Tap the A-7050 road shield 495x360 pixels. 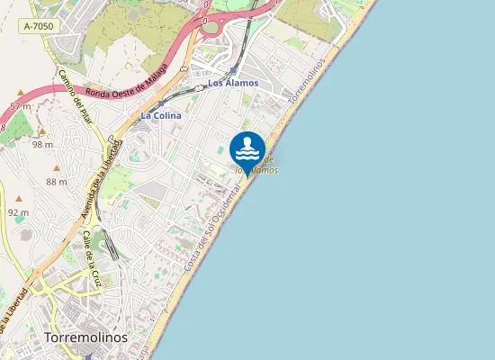[x=39, y=27]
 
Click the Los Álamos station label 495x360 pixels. [x=233, y=83]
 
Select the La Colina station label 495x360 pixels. [x=161, y=115]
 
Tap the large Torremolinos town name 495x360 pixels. [x=85, y=337]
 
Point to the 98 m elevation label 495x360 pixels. [x=42, y=144]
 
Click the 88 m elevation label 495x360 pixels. [x=57, y=182]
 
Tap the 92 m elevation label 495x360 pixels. [x=17, y=212]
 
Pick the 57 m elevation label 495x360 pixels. [x=20, y=106]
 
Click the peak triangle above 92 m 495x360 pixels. [x=18, y=198]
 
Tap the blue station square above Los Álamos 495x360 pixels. [x=232, y=68]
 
